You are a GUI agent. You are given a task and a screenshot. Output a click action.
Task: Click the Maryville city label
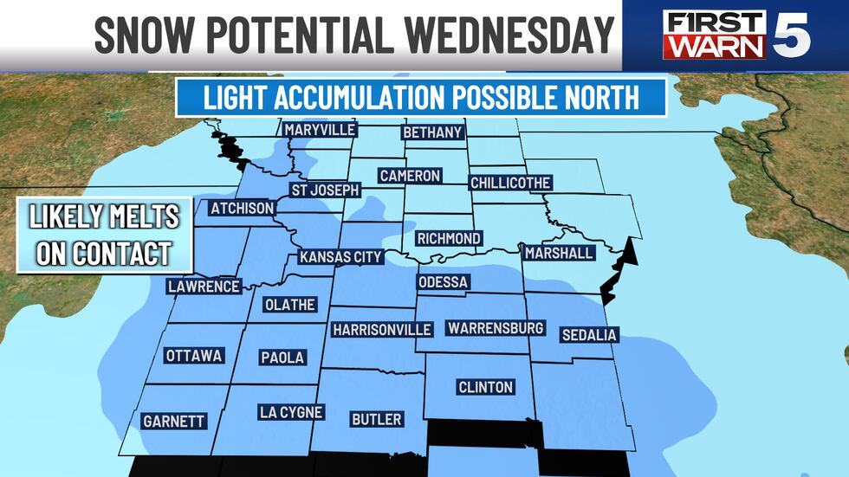[321, 130]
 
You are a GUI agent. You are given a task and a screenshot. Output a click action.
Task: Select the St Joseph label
[324, 190]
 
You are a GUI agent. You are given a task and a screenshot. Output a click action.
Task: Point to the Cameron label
[410, 176]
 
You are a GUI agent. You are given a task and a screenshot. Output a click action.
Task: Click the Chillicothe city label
[510, 183]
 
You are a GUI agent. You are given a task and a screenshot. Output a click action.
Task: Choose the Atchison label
[243, 209]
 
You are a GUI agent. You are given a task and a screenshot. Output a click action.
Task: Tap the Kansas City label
[340, 257]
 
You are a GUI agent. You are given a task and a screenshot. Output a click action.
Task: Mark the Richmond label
[448, 238]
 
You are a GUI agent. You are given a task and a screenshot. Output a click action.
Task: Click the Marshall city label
[559, 254]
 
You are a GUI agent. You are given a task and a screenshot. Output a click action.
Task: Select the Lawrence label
[204, 287]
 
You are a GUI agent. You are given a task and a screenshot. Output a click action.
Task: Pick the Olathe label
[288, 305]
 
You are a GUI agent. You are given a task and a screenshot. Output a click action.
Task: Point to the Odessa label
[443, 283]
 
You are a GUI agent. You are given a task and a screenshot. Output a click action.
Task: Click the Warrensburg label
[495, 328]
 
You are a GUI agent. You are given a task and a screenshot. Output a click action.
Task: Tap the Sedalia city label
[589, 335]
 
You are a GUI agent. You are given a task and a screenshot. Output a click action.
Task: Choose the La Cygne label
[291, 413]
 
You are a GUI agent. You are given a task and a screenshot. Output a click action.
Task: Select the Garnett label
[173, 422]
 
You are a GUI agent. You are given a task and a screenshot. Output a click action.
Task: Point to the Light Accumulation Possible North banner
[421, 97]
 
